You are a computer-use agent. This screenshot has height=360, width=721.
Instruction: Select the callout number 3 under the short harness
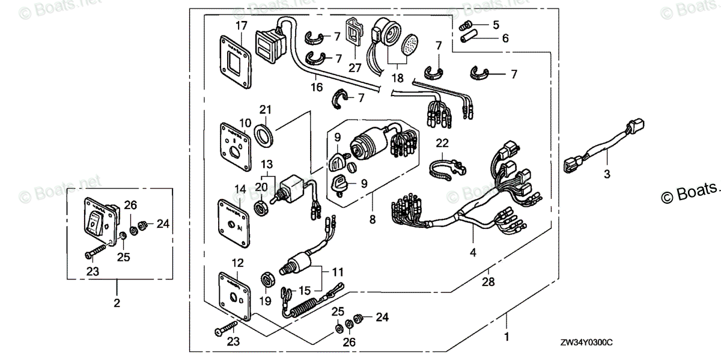[607, 175]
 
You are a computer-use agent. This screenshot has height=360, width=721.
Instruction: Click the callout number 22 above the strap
[442, 143]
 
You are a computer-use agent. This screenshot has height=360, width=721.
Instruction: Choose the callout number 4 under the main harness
[473, 253]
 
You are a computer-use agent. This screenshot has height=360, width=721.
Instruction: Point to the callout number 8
[373, 220]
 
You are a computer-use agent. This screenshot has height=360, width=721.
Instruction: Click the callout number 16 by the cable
[317, 88]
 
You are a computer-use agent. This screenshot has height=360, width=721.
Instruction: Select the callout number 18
[397, 78]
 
